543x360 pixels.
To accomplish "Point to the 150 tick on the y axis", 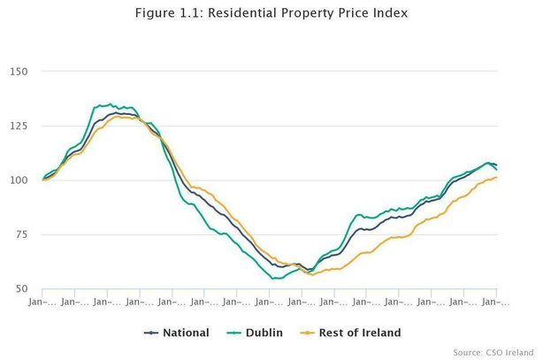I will click(x=19, y=72).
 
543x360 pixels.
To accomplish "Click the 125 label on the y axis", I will click(x=19, y=126).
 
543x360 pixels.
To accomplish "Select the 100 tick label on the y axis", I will click(x=19, y=180).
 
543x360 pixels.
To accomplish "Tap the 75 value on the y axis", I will click(x=22, y=235).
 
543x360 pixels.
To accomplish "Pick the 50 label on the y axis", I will click(x=22, y=289).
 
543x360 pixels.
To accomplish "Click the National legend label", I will click(x=186, y=333).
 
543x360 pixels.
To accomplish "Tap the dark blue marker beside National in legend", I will click(x=151, y=333).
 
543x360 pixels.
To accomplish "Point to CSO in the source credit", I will click(x=501, y=352).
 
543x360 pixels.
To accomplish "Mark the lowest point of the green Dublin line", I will click(x=276, y=279).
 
